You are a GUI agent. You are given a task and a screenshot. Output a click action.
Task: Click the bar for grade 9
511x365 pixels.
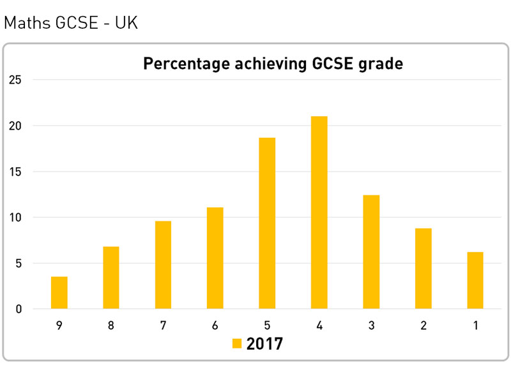[59, 293]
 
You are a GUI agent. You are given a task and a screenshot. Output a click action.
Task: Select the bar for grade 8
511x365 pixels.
[111, 278]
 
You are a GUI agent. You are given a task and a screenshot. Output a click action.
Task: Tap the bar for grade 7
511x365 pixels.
[163, 265]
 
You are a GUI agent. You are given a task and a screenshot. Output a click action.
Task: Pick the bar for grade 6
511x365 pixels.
[215, 258]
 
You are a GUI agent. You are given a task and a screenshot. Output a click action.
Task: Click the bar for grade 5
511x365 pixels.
[267, 223]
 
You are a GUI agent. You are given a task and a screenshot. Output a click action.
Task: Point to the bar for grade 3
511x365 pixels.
[371, 252]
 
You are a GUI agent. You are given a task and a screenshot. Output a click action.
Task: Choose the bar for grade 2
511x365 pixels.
[423, 269]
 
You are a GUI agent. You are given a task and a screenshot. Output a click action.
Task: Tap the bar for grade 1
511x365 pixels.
[475, 280]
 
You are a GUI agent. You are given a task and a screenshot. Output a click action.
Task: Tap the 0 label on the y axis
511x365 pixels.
[19, 309]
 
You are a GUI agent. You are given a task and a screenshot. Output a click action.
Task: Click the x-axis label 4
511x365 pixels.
[319, 325]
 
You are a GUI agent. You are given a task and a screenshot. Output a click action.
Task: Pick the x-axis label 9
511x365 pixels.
[59, 325]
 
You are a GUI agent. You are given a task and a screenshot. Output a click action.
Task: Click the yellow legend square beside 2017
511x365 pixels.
[236, 344]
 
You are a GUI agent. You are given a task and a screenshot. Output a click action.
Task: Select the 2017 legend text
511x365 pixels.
[264, 344]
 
